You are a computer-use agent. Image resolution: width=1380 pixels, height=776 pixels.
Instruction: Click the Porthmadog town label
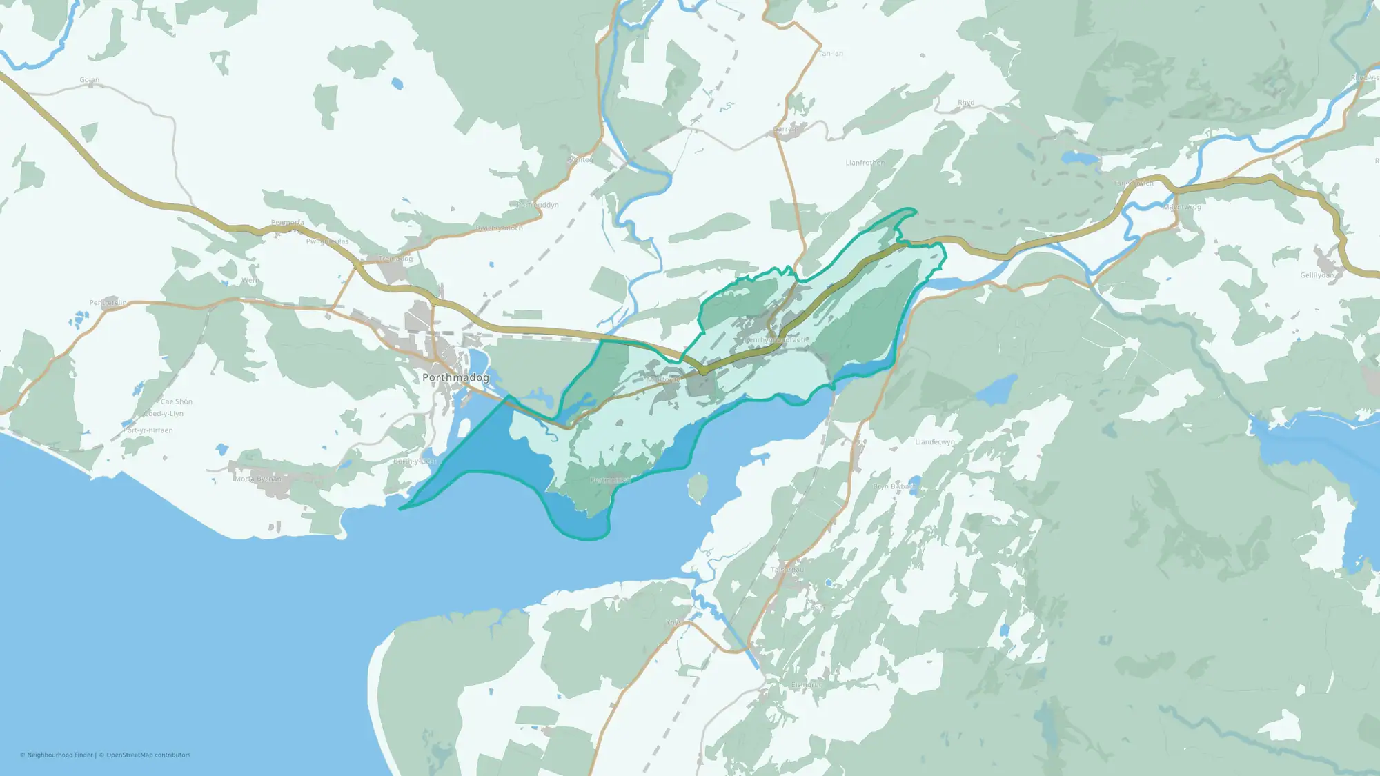click(x=455, y=377)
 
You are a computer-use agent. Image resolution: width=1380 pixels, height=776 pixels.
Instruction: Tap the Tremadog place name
click(x=395, y=259)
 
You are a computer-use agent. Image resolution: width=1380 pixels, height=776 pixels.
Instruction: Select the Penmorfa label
click(x=287, y=223)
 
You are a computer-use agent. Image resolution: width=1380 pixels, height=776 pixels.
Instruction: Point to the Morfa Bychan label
click(x=257, y=479)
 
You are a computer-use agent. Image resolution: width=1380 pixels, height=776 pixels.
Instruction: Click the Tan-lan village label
click(x=830, y=53)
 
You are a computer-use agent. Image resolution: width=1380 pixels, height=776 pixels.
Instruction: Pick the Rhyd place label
click(x=966, y=103)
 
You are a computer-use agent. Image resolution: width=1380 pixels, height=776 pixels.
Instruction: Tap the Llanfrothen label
click(x=865, y=163)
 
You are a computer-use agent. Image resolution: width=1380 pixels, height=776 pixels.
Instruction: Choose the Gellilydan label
click(x=1317, y=275)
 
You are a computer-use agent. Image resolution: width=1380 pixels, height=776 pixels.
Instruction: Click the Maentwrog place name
click(x=1182, y=207)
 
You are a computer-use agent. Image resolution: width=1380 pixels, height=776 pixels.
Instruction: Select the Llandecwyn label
click(x=935, y=442)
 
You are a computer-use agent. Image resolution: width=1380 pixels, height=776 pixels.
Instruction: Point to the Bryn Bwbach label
click(x=895, y=486)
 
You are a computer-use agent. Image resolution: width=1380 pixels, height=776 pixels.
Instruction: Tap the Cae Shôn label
click(x=176, y=401)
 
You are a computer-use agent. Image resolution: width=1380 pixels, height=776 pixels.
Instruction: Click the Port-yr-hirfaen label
click(x=148, y=430)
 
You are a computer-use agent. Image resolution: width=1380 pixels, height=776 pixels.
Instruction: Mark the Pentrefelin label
click(x=108, y=303)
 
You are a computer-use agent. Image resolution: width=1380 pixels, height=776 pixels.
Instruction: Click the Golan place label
click(x=89, y=80)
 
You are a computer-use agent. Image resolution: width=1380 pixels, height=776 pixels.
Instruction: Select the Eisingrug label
click(x=807, y=685)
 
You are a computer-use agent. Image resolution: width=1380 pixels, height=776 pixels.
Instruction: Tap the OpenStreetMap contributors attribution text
click(x=148, y=755)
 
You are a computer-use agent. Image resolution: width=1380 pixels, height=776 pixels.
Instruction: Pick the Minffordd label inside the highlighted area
click(x=664, y=379)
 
